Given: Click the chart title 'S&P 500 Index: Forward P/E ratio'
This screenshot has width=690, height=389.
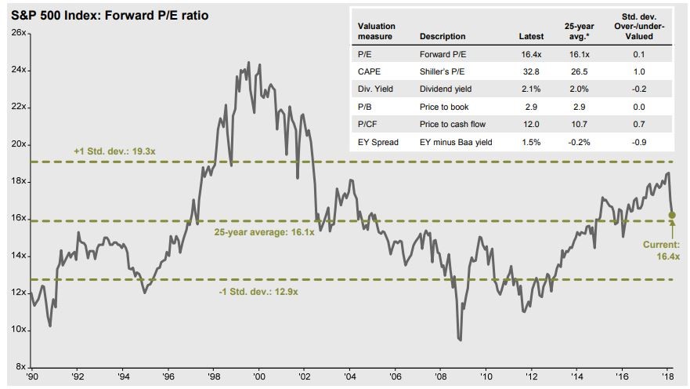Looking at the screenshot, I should click(x=110, y=16).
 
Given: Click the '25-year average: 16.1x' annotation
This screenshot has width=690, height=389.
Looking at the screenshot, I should click(x=264, y=232).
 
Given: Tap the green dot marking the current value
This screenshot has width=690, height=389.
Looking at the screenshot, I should click(x=672, y=215).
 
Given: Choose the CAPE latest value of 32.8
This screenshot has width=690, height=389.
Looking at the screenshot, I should click(x=531, y=70).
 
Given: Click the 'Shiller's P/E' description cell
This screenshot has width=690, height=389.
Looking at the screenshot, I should click(x=443, y=70).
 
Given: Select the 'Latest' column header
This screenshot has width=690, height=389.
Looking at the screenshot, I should click(x=531, y=36).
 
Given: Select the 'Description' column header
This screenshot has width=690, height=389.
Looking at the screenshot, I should click(x=443, y=36).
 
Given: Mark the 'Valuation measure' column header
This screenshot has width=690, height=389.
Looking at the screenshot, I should click(x=377, y=31).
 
